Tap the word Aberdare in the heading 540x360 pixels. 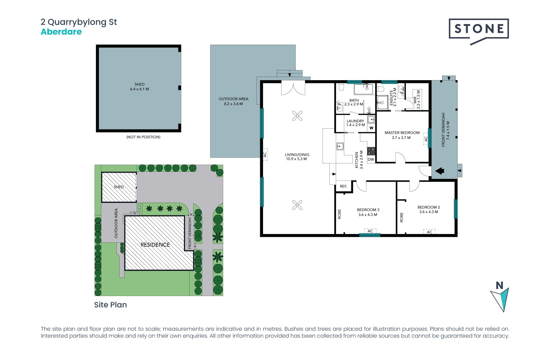[x=61, y=32]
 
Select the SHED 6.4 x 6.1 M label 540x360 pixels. [x=139, y=87]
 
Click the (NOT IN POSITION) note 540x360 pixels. [x=143, y=137]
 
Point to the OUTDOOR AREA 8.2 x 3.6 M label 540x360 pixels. [x=233, y=101]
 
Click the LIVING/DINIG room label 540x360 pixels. [x=297, y=157]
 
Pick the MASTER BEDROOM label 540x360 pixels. [x=402, y=135]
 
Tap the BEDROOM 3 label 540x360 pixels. [x=368, y=212]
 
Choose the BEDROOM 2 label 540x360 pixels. [x=429, y=210]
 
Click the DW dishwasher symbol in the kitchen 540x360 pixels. [x=371, y=159]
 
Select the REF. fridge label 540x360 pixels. [x=343, y=186]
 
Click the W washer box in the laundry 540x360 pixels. [x=371, y=128]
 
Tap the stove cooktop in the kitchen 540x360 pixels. [x=371, y=151]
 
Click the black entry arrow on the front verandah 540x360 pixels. [x=440, y=171]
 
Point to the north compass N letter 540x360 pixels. [x=499, y=285]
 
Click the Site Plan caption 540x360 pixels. [x=111, y=305]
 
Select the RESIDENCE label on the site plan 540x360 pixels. [x=155, y=245]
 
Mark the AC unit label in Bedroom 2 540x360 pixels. [x=429, y=232]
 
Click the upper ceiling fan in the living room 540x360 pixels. [x=297, y=116]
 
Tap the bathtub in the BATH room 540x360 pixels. [x=363, y=89]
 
